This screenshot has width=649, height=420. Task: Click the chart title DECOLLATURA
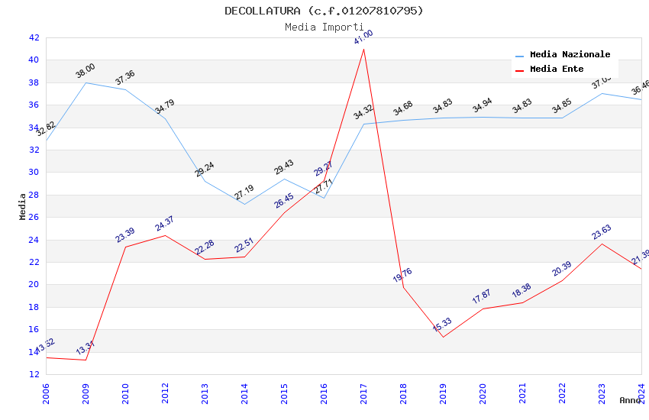pos(324,11)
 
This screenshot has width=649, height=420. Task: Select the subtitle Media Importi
pos(324,27)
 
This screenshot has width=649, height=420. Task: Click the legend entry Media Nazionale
pos(570,55)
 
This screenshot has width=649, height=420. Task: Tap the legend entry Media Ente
pos(557,69)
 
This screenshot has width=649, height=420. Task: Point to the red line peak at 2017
pos(363,49)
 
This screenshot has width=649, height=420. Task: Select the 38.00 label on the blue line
pos(86,73)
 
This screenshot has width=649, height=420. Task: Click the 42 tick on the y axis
pos(34,37)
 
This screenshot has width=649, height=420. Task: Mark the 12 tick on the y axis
pos(34,374)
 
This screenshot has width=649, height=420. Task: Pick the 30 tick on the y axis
pos(34,172)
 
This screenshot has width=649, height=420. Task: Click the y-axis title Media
pos(22,206)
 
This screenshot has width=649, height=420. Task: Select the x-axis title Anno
pos(630,400)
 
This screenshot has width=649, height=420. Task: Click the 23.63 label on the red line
pos(602,232)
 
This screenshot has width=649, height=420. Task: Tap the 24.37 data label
pos(165,224)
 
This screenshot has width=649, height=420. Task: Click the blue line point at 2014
pos(244,204)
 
